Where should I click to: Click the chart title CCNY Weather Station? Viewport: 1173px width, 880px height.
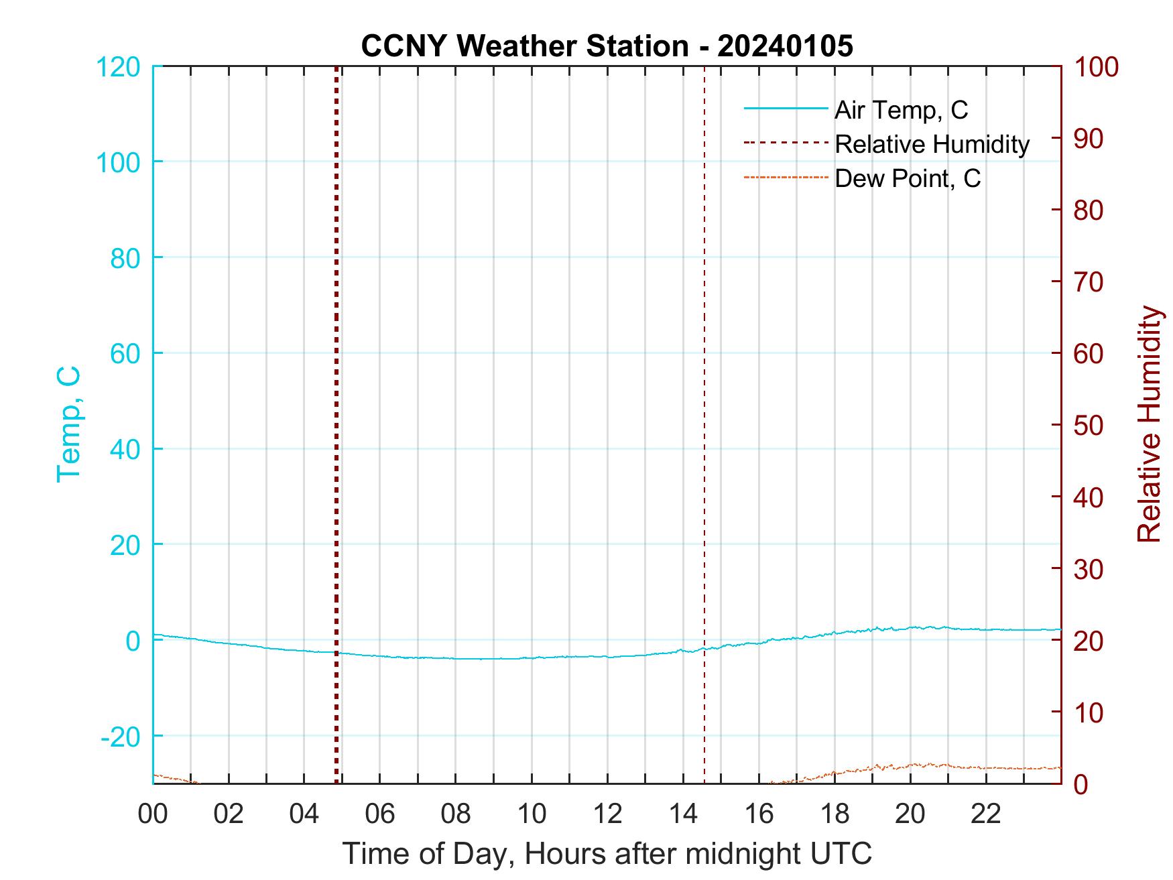click(607, 46)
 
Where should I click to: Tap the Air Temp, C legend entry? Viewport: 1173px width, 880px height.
click(900, 110)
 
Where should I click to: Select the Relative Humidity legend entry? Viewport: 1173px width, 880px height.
click(931, 144)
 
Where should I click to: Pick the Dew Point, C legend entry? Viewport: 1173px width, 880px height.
click(907, 179)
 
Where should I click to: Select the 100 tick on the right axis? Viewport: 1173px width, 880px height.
click(1097, 67)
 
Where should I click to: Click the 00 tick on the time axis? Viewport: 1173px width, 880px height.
click(153, 814)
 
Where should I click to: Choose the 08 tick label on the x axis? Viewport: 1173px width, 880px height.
click(456, 814)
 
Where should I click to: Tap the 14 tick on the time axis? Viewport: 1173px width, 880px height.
click(683, 814)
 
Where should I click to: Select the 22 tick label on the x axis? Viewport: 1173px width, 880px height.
click(986, 814)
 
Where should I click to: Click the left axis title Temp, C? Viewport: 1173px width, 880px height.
click(68, 424)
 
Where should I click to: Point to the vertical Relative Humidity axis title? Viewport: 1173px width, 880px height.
click(1149, 424)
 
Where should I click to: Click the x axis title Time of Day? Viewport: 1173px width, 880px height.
click(607, 854)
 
